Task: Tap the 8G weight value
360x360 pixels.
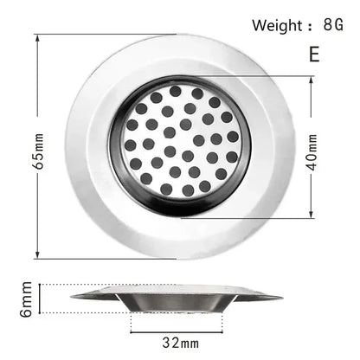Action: click(333, 24)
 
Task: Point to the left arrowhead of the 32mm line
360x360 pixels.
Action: click(132, 329)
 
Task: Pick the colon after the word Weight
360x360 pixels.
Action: click(310, 25)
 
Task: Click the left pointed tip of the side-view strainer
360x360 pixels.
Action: click(74, 295)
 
